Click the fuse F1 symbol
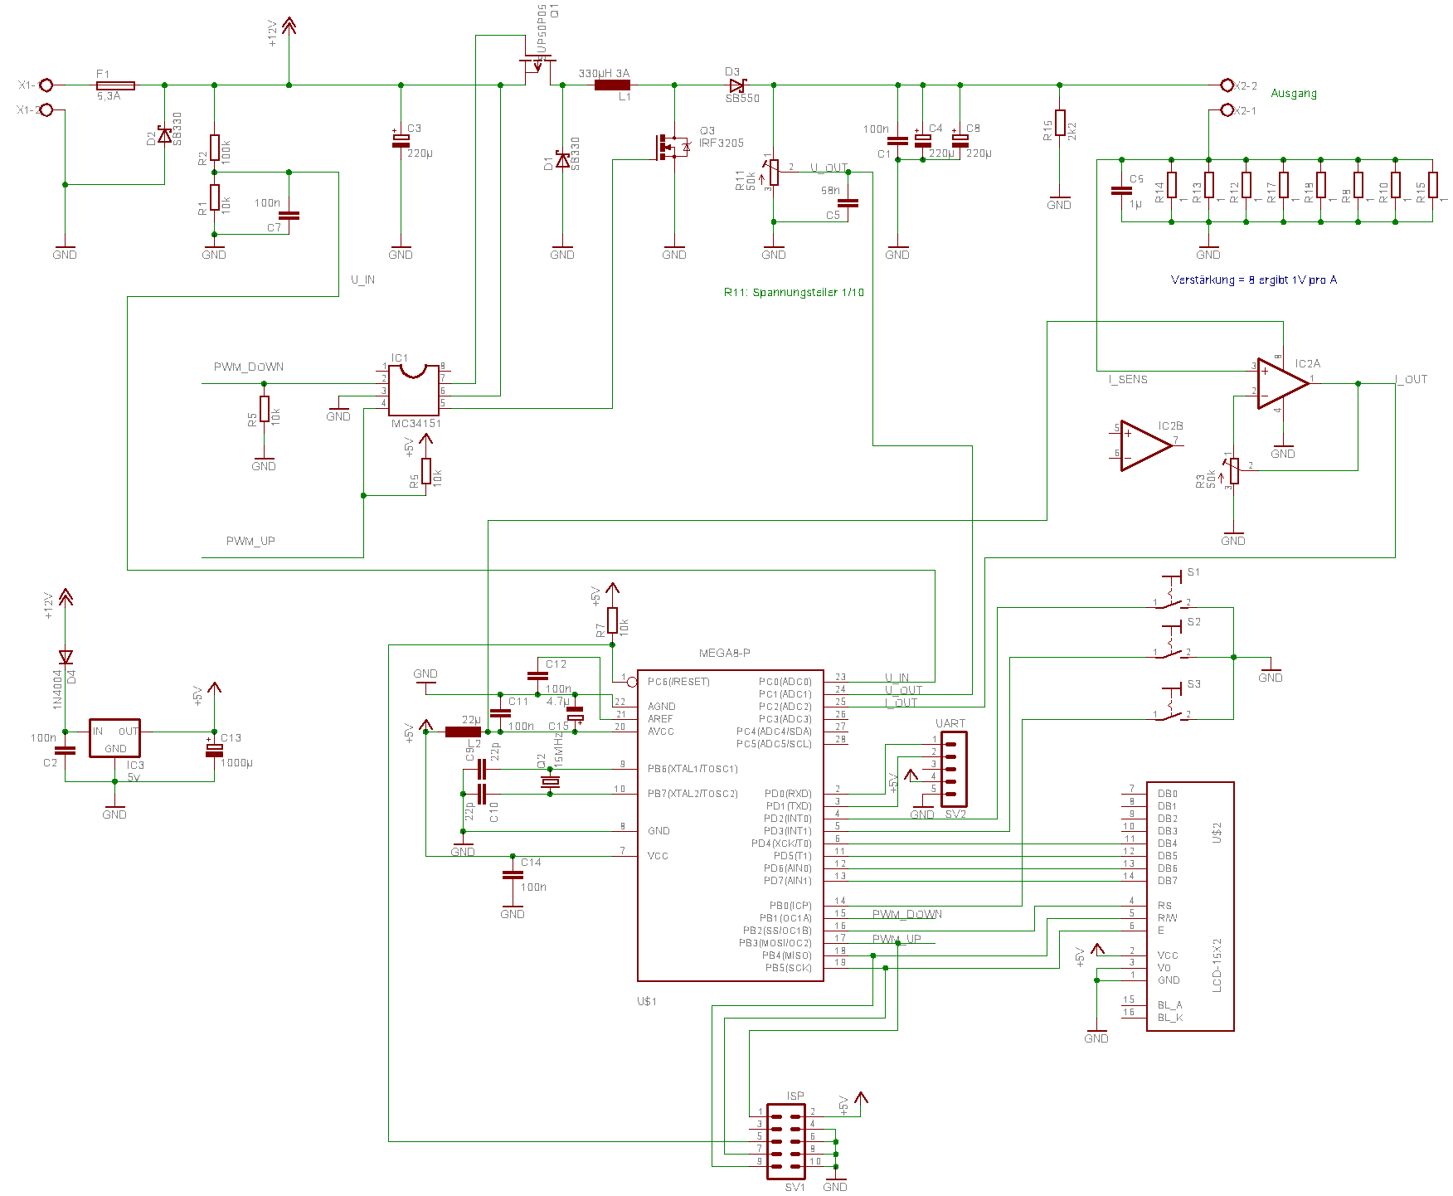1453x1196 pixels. (116, 85)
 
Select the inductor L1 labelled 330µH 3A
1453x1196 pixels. (612, 85)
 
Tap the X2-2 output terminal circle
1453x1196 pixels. (1227, 85)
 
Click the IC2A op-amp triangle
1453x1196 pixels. (1281, 383)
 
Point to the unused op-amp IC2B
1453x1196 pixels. (1144, 445)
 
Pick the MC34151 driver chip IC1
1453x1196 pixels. (414, 390)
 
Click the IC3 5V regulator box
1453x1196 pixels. (114, 737)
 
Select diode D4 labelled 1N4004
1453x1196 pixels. (66, 658)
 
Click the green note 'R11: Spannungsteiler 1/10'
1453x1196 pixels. (793, 292)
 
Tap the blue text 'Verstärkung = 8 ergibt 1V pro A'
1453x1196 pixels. (1253, 280)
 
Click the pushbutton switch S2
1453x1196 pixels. (1171, 643)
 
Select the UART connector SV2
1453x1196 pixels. (953, 769)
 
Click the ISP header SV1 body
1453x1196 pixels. (785, 1141)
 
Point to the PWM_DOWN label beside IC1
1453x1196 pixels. (248, 367)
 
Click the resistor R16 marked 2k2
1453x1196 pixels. (1060, 123)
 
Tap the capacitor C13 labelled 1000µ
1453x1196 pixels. (214, 750)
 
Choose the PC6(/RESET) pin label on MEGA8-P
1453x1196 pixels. (678, 682)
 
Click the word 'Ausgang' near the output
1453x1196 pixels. (1293, 93)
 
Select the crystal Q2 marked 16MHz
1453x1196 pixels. (550, 781)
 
